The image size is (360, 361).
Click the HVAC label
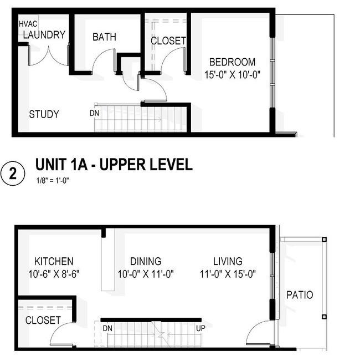[28, 24]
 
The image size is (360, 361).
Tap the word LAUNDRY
[44, 35]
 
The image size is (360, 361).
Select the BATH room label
[104, 37]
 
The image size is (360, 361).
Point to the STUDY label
[44, 114]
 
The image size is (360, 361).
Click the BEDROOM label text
[232, 62]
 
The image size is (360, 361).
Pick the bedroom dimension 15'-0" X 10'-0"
[232, 75]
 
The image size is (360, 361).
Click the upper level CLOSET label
[168, 41]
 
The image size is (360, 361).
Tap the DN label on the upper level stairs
[95, 113]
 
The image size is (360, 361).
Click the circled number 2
[13, 174]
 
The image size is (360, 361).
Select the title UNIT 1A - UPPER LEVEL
[114, 164]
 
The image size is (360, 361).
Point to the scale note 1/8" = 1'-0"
[53, 181]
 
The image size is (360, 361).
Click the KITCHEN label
[54, 261]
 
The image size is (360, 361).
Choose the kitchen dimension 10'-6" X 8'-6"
[54, 274]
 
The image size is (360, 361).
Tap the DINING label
[146, 261]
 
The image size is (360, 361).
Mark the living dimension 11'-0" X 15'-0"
[228, 274]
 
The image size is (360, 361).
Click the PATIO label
[300, 295]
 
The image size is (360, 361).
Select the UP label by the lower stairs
[200, 328]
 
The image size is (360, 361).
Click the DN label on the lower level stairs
[107, 328]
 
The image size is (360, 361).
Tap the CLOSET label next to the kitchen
[43, 321]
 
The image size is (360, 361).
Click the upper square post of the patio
[324, 240]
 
